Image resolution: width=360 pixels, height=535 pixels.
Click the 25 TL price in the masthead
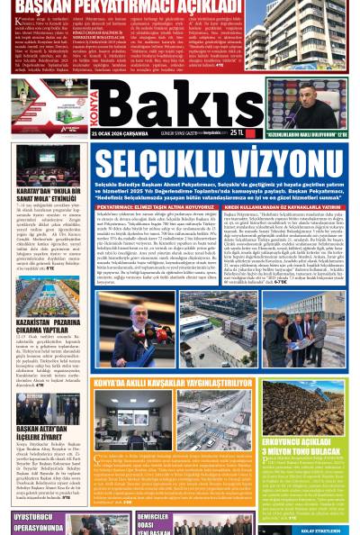(x=237, y=135)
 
